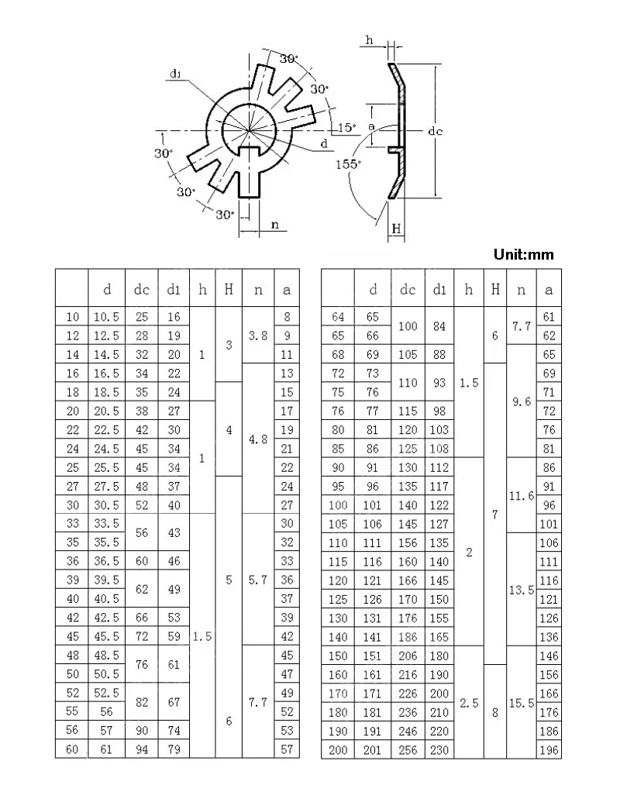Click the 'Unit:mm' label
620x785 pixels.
[523, 254]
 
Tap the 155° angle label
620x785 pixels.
[348, 164]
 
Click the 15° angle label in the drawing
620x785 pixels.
[346, 127]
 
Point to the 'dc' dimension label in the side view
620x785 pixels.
[435, 131]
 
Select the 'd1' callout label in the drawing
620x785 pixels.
[175, 74]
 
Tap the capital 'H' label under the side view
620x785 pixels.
[396, 229]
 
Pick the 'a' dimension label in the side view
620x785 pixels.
[371, 126]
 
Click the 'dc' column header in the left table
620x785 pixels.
[141, 289]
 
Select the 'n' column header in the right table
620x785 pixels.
[522, 290]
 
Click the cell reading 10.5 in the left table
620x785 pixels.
[106, 316]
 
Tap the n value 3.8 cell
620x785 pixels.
[258, 336]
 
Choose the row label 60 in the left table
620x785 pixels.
[72, 749]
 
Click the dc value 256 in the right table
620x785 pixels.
[408, 749]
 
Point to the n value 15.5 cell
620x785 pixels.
[522, 703]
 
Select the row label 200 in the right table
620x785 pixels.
[338, 749]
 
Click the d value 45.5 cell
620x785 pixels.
[106, 636]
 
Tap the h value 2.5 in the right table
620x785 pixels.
[469, 703]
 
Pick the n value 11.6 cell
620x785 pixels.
[522, 496]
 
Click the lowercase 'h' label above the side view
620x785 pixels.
[369, 40]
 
